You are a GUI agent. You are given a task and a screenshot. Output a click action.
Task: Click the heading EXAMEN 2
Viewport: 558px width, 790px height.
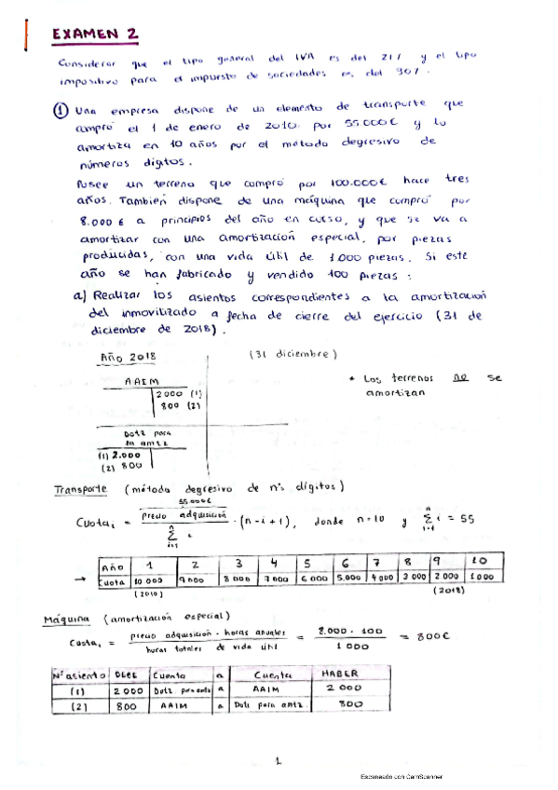coord(95,35)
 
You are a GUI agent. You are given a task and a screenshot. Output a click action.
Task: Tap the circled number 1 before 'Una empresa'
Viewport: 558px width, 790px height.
coord(59,106)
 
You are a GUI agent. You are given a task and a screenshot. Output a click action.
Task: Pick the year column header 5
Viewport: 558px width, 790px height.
coord(307,563)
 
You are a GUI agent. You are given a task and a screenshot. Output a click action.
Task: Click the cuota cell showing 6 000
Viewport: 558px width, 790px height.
coord(308,578)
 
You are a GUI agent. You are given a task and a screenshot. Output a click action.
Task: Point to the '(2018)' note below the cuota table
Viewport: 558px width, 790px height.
coord(449,591)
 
